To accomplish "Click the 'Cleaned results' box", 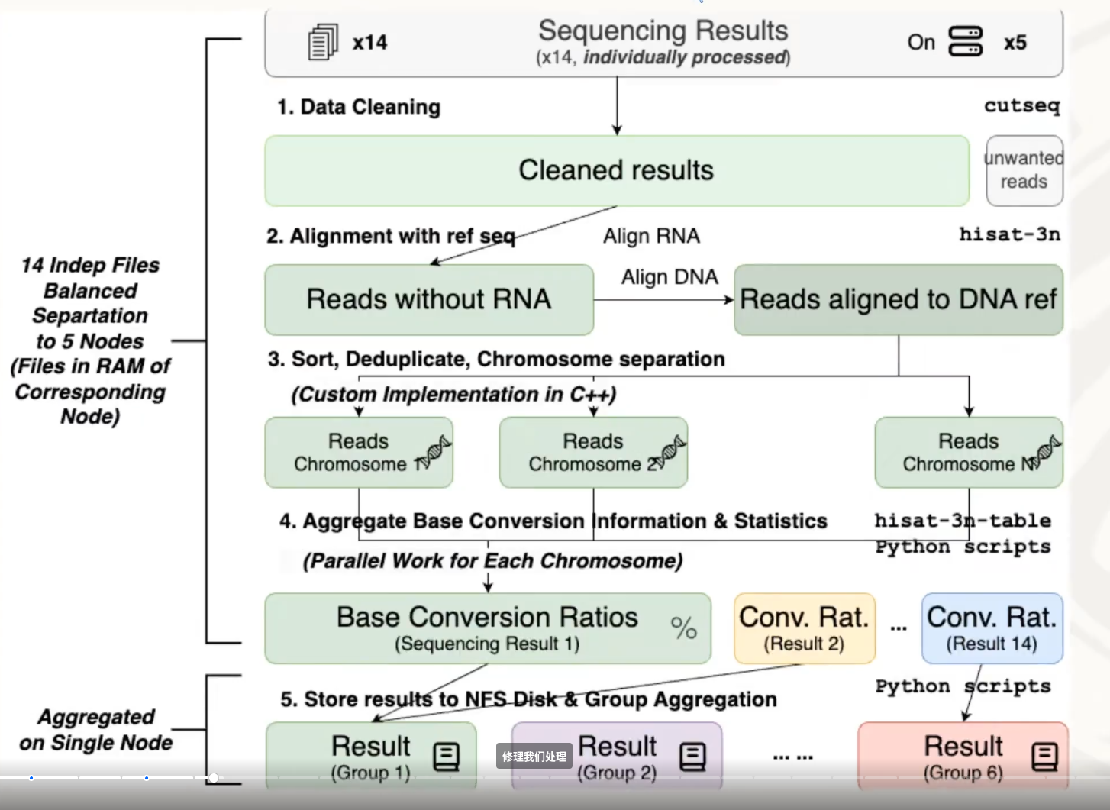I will click(x=616, y=170).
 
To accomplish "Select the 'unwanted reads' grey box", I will click(x=1024, y=170).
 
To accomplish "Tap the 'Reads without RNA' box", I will click(x=428, y=299).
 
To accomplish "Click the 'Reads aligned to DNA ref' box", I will click(x=898, y=299).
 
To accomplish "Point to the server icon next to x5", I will click(x=965, y=41).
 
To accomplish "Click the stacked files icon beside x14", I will click(x=323, y=42).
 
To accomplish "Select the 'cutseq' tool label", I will click(x=1021, y=105).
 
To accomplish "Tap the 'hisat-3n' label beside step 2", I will click(x=1009, y=234).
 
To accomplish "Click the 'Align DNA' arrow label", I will click(x=670, y=277).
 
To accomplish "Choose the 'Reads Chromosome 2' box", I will click(x=593, y=452).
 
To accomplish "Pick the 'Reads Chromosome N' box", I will click(x=968, y=452).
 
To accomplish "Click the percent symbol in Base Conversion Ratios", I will click(x=683, y=628).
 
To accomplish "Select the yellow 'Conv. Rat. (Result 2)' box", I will click(x=804, y=628).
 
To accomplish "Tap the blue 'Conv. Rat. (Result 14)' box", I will click(x=992, y=628).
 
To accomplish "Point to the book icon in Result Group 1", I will click(x=446, y=757).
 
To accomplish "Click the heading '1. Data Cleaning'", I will click(x=359, y=107).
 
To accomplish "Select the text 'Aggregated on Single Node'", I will click(x=96, y=729).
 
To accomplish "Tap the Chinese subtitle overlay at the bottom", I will click(x=534, y=757).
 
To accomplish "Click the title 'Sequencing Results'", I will click(x=663, y=31).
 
